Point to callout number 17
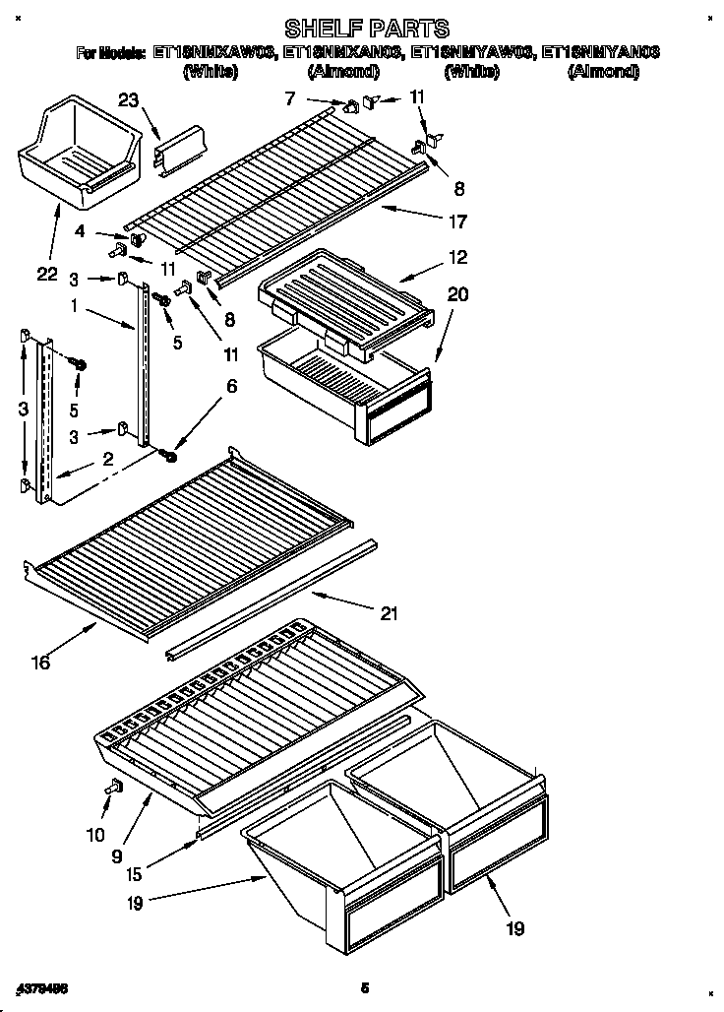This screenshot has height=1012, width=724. (x=457, y=221)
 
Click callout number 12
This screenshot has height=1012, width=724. (x=457, y=258)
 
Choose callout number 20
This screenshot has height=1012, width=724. (x=457, y=292)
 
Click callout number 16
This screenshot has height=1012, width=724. (x=39, y=663)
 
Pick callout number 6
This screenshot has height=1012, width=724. (x=231, y=387)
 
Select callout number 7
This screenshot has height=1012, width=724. (x=289, y=97)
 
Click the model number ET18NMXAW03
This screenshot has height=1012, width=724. (x=211, y=53)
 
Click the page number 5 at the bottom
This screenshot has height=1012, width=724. (x=364, y=986)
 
